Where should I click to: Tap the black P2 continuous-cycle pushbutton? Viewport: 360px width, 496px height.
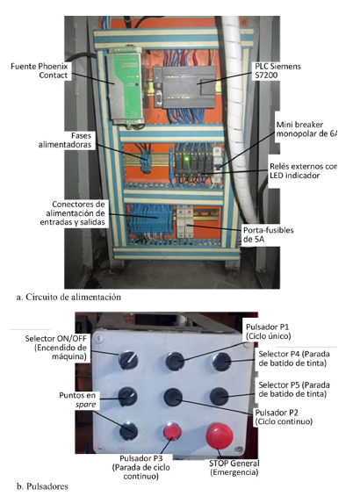(x=173, y=396)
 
